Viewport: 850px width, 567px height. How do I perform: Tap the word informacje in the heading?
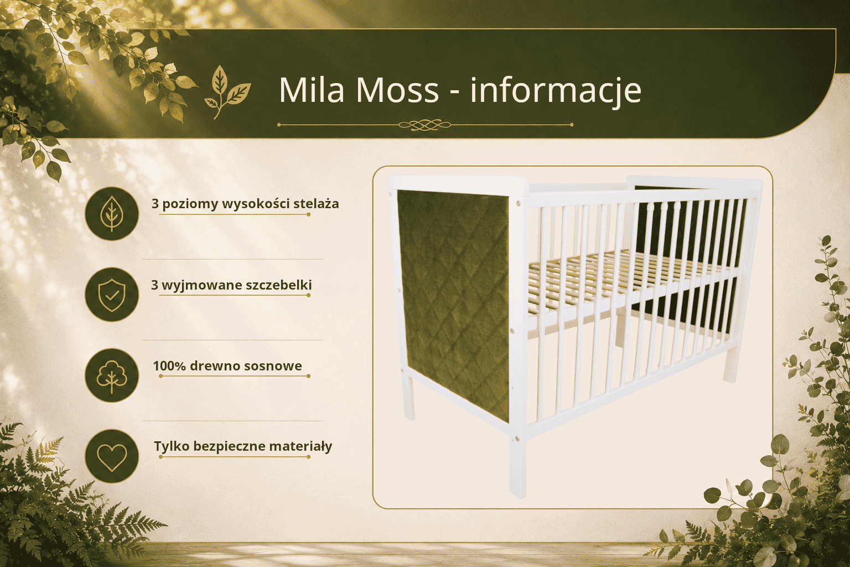click(556, 91)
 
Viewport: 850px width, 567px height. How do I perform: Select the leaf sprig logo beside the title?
click(227, 92)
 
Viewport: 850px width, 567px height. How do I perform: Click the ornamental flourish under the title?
click(425, 125)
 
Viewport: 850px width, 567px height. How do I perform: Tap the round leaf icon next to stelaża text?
click(112, 213)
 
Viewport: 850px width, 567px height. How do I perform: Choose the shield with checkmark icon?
click(112, 295)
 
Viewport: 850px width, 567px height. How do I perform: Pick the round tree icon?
click(112, 375)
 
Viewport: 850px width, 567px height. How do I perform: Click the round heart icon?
click(112, 456)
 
